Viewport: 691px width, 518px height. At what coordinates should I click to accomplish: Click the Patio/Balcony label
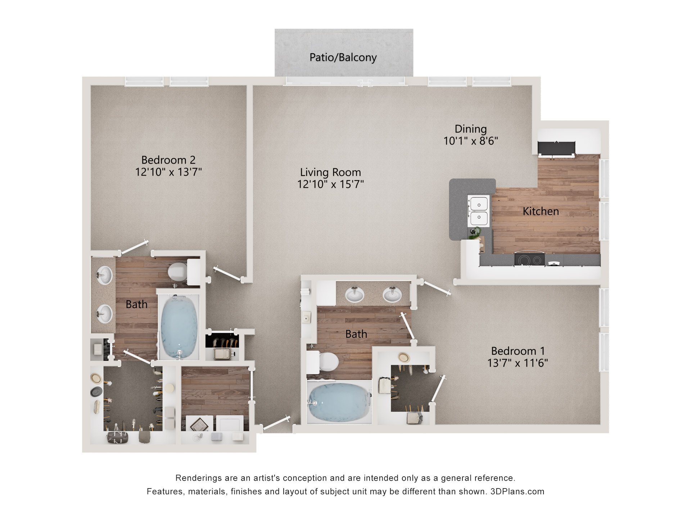343,58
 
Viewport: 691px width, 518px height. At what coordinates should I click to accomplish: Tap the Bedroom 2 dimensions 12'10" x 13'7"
168,172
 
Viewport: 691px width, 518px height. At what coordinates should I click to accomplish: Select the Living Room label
330,172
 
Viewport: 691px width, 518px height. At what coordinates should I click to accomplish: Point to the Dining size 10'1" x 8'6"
471,141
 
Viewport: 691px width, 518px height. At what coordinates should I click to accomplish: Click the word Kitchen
541,211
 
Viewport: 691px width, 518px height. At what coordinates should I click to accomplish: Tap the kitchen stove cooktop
529,259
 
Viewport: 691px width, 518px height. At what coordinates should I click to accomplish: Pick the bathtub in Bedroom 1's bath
339,403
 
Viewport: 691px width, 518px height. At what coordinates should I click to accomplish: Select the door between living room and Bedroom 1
436,288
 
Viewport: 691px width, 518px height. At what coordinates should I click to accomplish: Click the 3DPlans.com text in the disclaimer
517,491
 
